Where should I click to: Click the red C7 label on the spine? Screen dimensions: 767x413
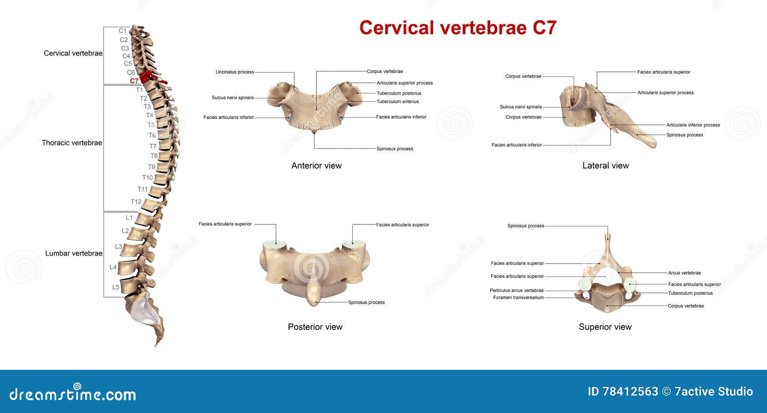134,81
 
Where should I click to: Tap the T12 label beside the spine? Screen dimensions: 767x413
136,201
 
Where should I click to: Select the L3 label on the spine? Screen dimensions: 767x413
118,247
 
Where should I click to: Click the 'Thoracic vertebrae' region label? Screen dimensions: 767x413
72,142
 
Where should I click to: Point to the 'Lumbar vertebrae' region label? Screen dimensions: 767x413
74,253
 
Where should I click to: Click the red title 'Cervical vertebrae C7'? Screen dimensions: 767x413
458,27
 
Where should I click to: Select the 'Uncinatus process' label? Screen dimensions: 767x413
234,72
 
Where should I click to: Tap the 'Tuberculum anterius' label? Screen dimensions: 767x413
397,101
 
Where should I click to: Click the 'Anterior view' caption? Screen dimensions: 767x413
316,165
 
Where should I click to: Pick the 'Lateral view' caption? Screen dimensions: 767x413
605,165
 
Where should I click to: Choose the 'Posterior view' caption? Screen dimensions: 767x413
315,327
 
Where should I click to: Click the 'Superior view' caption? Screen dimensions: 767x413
605,327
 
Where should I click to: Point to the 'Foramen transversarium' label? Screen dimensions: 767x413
518,297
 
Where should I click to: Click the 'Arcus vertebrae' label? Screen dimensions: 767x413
684,273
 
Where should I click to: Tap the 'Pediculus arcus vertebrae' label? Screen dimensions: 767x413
517,290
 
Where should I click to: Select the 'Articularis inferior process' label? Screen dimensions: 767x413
693,125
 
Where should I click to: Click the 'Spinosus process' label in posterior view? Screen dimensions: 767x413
366,302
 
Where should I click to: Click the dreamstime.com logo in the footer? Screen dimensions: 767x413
72,393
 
